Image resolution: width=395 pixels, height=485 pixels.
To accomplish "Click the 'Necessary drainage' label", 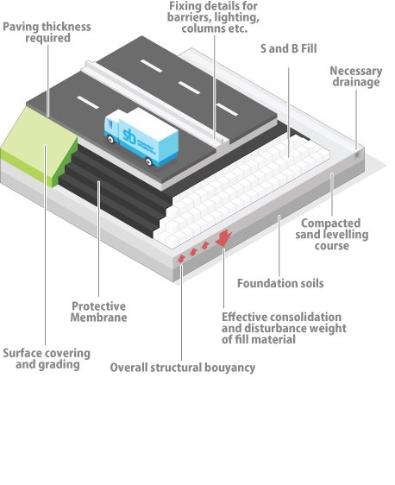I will click(355, 77).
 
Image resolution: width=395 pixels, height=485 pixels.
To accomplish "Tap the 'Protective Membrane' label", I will click(97, 312).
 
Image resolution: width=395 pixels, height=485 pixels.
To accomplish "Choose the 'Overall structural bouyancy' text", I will click(182, 368).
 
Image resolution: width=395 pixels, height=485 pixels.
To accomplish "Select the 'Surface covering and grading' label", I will click(47, 358).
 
